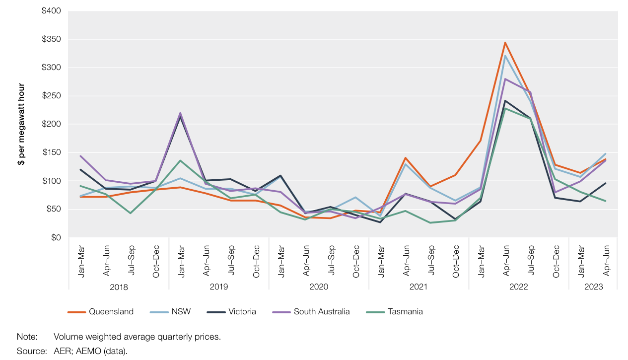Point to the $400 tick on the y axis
[x=52, y=11]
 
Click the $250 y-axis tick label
[x=52, y=96]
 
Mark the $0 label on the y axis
[x=55, y=238]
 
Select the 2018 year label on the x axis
[x=119, y=287]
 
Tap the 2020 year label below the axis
[x=319, y=287]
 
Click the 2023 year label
[x=593, y=287]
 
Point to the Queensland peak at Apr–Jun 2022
[x=505, y=43]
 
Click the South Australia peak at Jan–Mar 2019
[x=180, y=113]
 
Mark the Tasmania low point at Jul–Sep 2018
[x=130, y=213]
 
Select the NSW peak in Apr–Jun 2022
[x=505, y=56]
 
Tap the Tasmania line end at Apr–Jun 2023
[x=606, y=201]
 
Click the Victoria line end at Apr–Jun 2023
[x=606, y=183]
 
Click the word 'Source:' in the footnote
[x=32, y=351]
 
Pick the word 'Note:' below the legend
[x=27, y=337]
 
